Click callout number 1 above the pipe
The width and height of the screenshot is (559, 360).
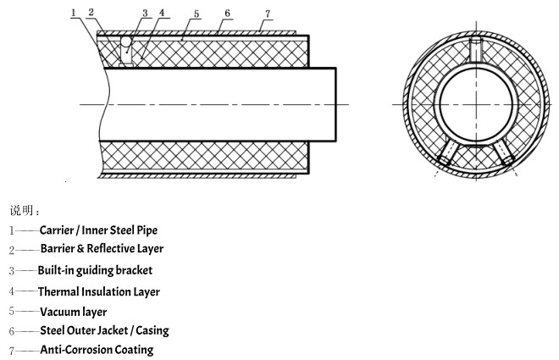point(75,12)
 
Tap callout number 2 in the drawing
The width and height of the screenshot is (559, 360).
point(91,12)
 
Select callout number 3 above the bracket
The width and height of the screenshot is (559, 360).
point(146,14)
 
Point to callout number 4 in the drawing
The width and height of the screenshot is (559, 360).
point(161,13)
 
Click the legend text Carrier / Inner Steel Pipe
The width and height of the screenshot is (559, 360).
point(98,230)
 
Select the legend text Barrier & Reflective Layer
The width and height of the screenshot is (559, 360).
point(102,249)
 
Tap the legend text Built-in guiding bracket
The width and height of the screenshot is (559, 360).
point(95,270)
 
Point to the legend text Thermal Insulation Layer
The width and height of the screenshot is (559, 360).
point(98,291)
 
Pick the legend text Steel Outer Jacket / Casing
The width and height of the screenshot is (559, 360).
point(104,330)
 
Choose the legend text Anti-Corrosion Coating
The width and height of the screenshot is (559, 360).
point(97,350)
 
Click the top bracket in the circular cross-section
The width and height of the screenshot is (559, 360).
point(477,48)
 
